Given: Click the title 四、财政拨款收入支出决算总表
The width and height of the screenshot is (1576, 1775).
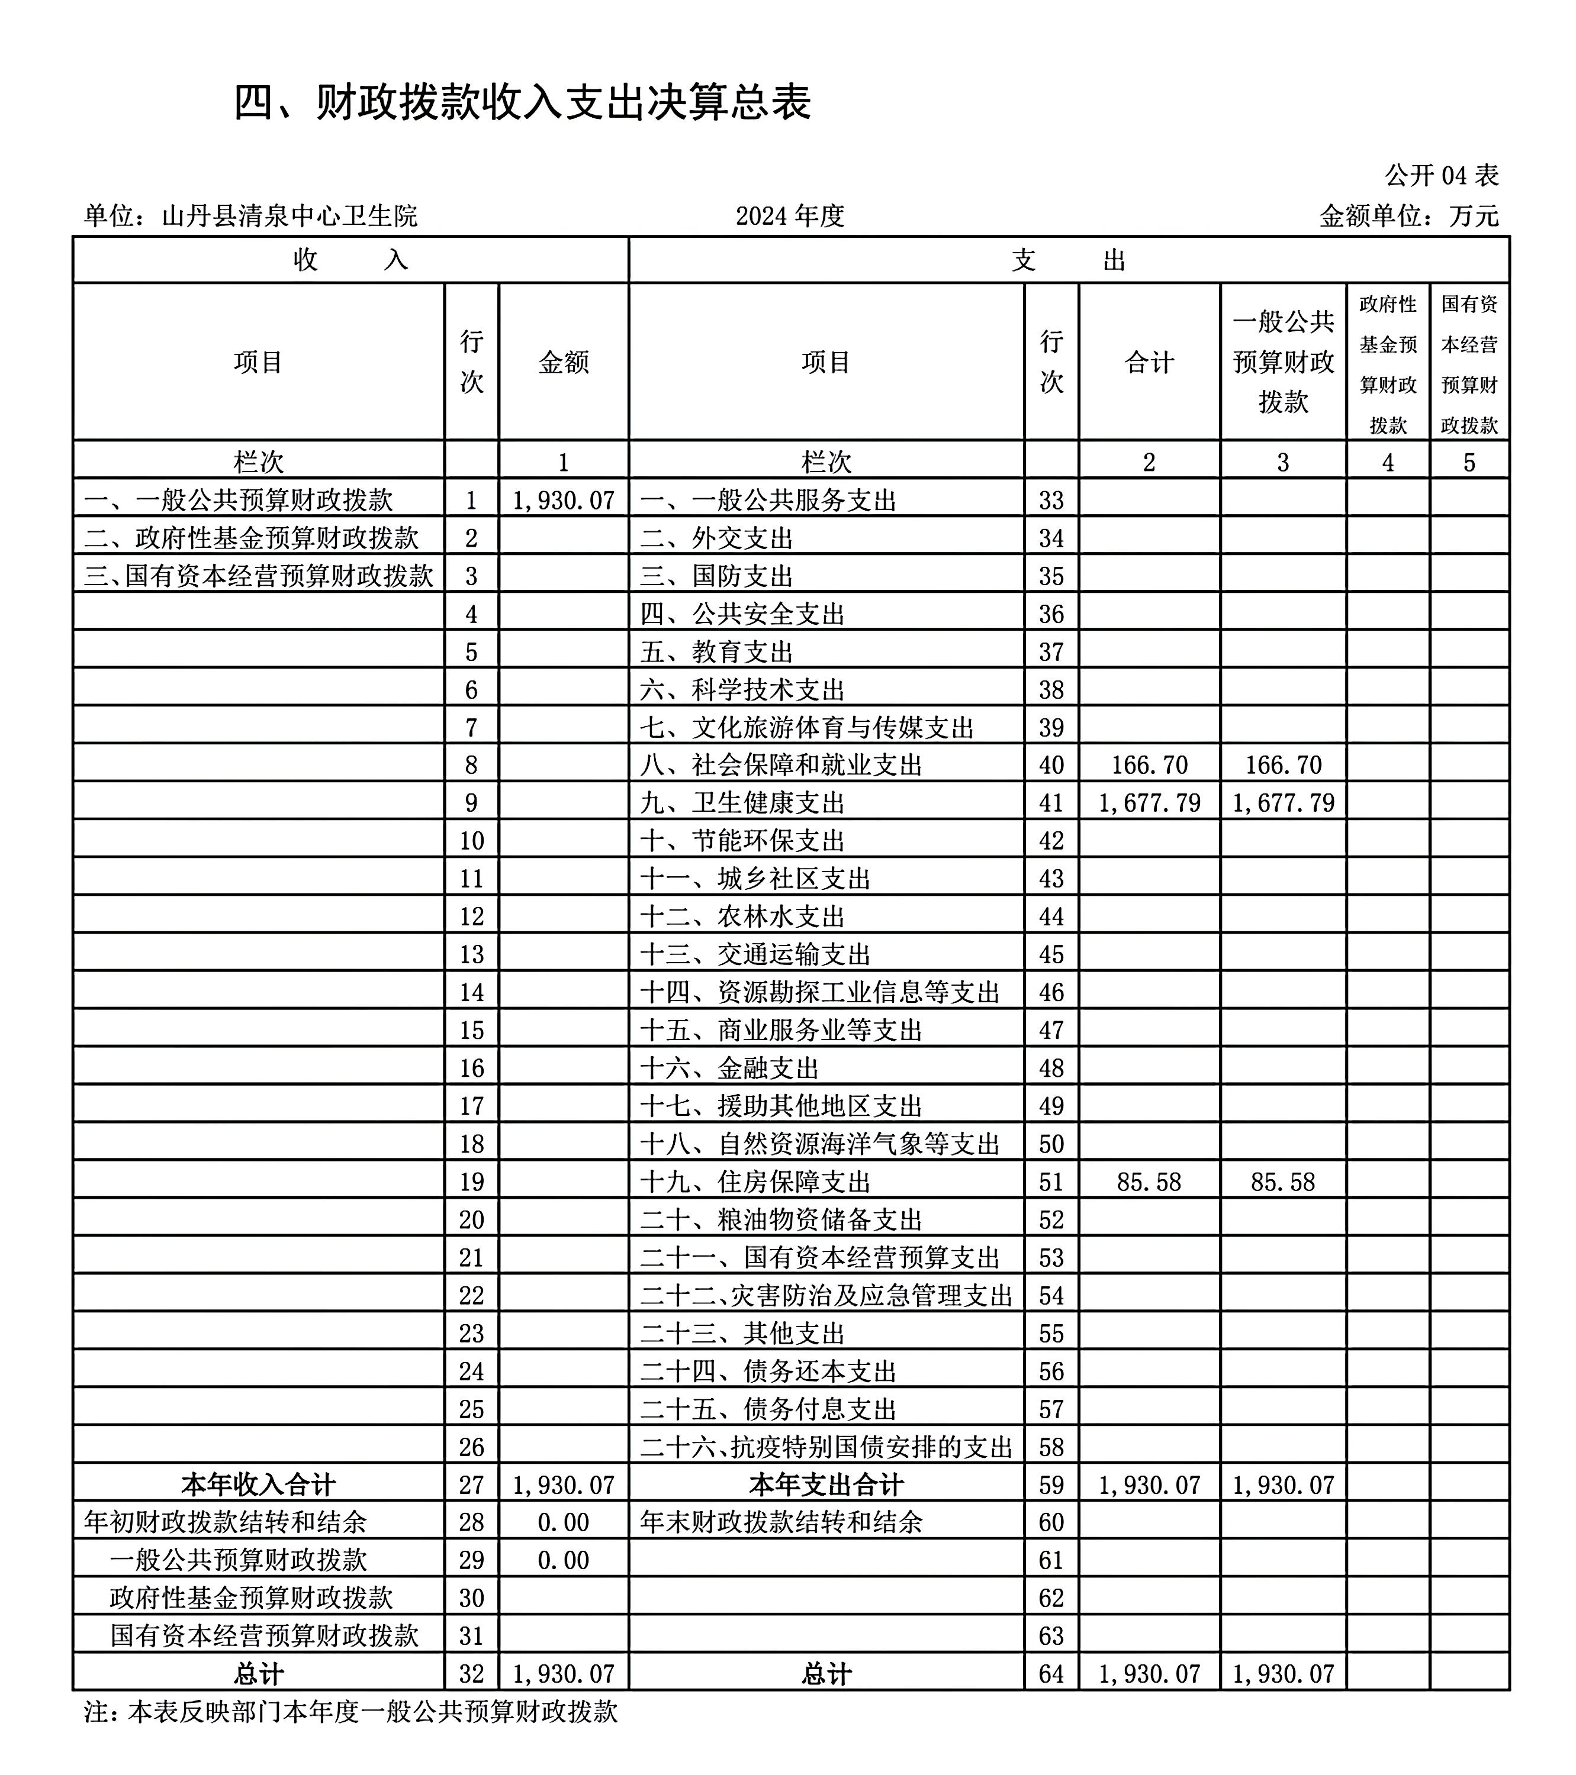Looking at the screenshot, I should [522, 102].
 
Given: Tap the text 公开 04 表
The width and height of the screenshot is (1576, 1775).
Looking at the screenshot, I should [1442, 175].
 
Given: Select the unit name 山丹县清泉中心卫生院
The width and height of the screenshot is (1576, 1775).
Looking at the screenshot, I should [290, 215].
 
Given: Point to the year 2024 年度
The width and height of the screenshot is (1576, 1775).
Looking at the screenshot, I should [790, 215].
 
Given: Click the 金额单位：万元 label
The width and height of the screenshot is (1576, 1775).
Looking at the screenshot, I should [1408, 215].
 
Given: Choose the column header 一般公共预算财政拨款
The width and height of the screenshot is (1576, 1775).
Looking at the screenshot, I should [1282, 362].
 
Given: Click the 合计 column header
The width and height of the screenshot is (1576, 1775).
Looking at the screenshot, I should [1149, 362].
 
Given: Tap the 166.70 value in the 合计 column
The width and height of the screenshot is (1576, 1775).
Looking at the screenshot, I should [1149, 765].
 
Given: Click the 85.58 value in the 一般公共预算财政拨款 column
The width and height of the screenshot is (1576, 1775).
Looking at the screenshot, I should [1282, 1182].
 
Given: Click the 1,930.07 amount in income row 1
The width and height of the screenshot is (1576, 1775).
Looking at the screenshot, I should [563, 500].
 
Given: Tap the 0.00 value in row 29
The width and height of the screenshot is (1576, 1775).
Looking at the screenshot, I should [563, 1560].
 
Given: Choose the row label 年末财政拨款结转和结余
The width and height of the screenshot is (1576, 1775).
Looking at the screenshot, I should [781, 1522].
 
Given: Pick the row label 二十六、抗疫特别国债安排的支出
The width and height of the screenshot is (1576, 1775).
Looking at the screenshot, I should [826, 1447].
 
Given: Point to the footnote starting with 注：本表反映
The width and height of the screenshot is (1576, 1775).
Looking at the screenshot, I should [351, 1712].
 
